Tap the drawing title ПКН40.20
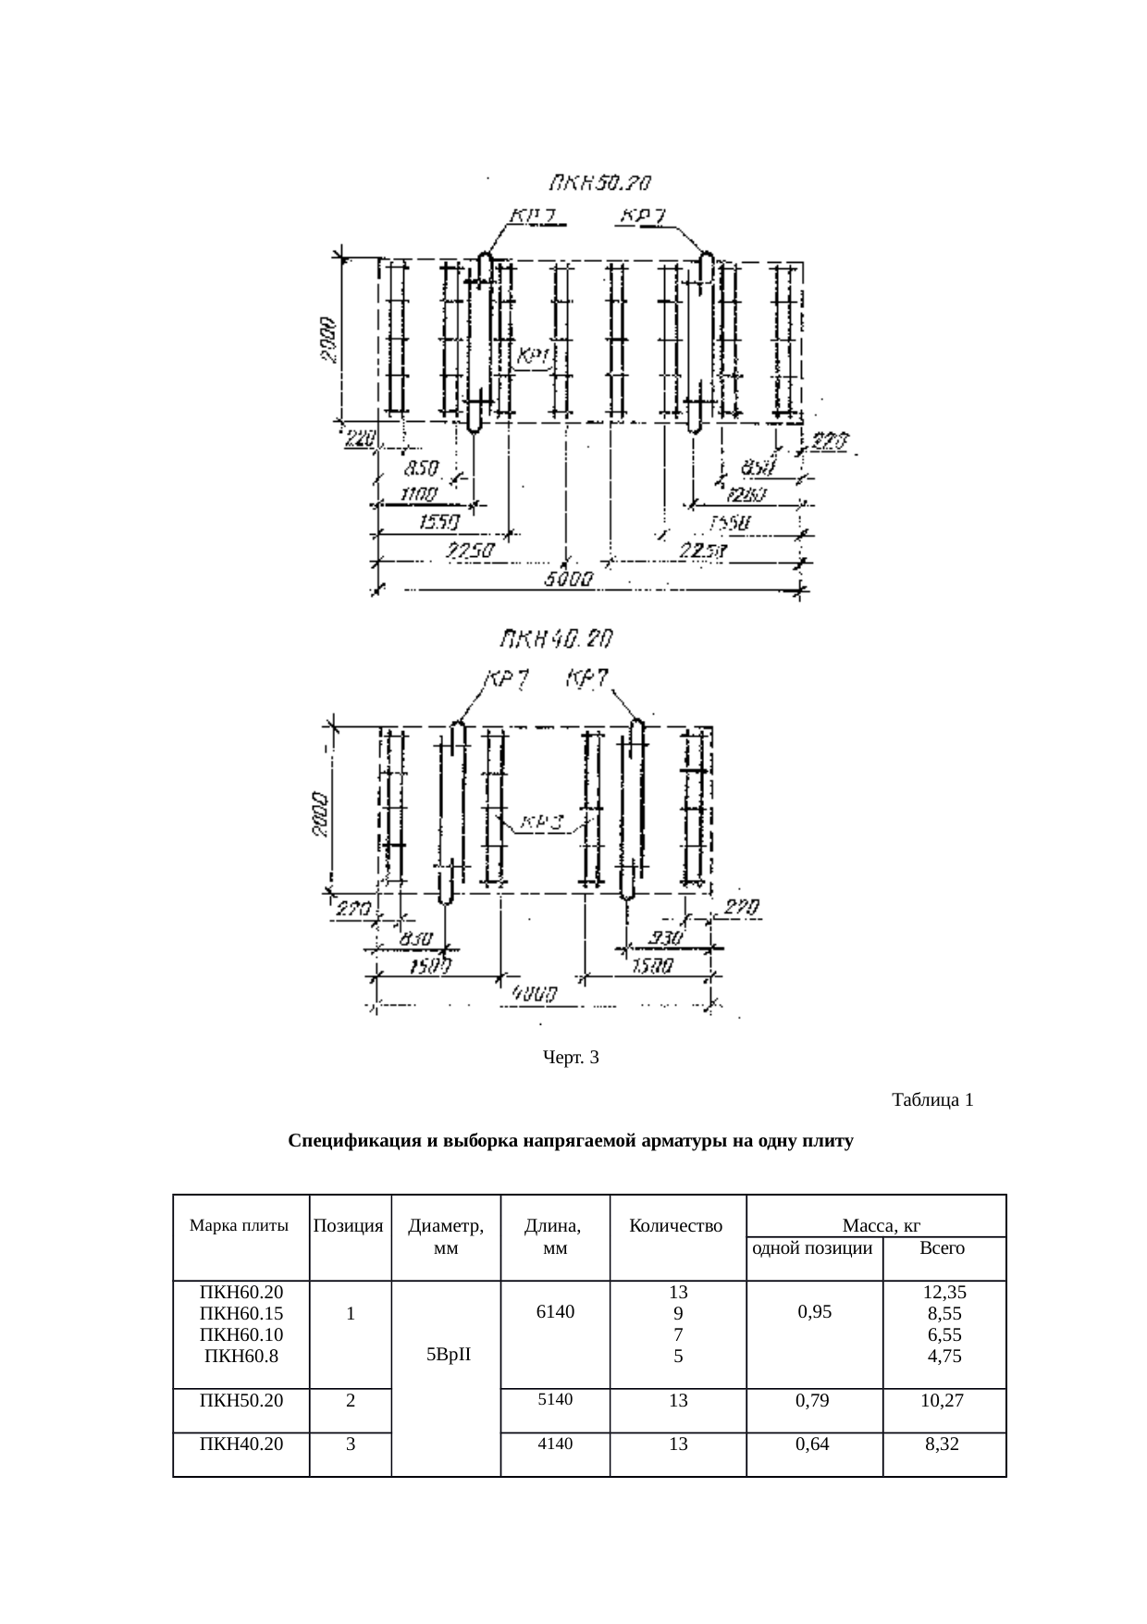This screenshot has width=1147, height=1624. click(x=557, y=639)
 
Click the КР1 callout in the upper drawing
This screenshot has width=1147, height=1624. click(x=534, y=356)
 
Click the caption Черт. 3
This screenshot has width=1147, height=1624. click(x=571, y=1057)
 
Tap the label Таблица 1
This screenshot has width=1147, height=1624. click(x=931, y=1100)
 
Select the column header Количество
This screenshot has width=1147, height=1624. click(x=675, y=1227)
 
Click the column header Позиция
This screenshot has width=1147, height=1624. click(x=349, y=1227)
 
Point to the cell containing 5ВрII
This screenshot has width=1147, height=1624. click(x=449, y=1355)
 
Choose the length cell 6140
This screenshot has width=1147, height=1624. click(x=554, y=1311)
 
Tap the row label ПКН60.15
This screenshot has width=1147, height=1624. click(x=241, y=1314)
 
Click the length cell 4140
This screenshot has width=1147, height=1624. click(x=555, y=1443)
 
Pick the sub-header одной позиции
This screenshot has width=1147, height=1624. click(x=813, y=1248)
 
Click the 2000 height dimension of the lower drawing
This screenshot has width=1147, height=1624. click(x=319, y=814)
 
